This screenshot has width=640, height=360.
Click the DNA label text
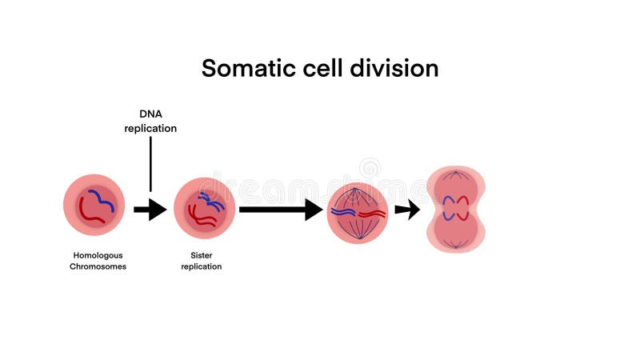click(150, 114)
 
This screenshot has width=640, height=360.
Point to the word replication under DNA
click(150, 128)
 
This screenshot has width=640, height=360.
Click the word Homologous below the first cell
click(98, 256)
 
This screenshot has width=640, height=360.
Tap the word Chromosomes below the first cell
click(98, 266)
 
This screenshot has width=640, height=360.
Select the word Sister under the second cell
click(202, 256)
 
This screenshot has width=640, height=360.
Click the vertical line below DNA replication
click(150, 164)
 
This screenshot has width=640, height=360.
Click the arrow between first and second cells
click(150, 210)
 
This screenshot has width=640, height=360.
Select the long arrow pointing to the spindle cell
click(279, 210)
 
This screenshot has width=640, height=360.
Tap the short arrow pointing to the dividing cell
click(407, 210)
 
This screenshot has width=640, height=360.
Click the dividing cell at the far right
click(455, 210)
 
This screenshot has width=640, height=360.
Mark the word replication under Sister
click(202, 266)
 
